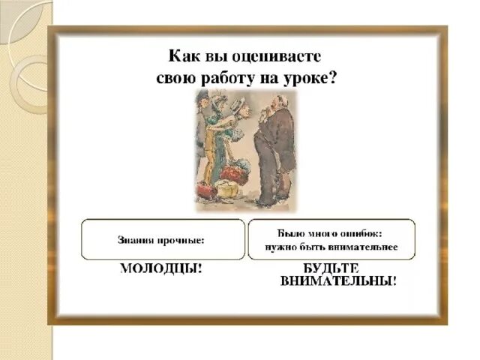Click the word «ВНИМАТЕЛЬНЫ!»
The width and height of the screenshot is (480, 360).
(x=338, y=281)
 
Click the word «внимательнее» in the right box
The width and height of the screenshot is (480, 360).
(x=364, y=247)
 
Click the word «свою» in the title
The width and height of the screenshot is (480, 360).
(x=177, y=78)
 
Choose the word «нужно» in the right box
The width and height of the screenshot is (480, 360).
(x=279, y=247)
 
